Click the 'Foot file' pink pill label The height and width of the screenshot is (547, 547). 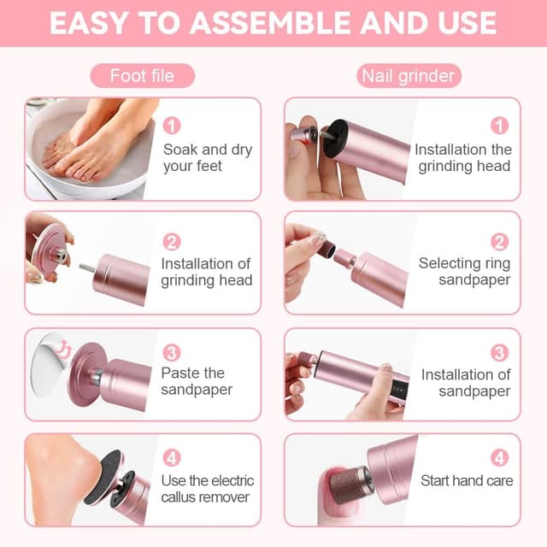(143, 76)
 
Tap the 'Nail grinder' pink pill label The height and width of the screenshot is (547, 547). (409, 76)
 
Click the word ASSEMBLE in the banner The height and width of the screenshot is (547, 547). (270, 23)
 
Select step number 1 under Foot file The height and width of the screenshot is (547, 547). (172, 126)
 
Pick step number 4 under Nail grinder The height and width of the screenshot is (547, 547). (499, 458)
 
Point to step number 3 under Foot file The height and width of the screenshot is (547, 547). (172, 353)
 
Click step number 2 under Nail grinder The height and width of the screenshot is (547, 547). (499, 242)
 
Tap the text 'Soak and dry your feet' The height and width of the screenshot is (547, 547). (208, 157)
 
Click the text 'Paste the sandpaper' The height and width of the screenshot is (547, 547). (197, 381)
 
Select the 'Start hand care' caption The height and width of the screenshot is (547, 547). (467, 480)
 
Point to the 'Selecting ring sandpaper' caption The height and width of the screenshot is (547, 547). (465, 272)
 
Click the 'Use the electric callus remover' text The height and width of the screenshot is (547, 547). (208, 489)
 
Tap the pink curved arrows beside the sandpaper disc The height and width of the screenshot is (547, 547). (65, 348)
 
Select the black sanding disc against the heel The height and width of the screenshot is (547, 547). (103, 477)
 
